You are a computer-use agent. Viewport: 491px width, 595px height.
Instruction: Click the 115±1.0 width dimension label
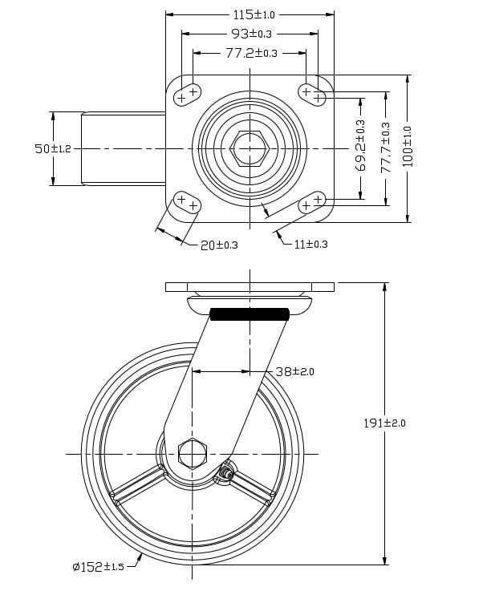click(x=254, y=14)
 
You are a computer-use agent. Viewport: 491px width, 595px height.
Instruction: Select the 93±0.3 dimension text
click(x=251, y=34)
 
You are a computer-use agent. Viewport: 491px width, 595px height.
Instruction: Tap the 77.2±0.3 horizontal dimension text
click(x=251, y=53)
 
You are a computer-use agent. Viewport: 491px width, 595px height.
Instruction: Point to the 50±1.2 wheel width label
click(x=53, y=149)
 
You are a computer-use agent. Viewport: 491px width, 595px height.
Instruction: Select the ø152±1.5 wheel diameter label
click(x=98, y=567)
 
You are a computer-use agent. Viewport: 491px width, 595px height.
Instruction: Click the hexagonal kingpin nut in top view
click(x=250, y=149)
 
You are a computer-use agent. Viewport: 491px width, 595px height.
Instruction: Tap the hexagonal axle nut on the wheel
click(x=192, y=454)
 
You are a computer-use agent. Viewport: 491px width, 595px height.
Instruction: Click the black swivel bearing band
click(x=249, y=314)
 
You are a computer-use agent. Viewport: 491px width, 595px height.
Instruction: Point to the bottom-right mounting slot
click(x=312, y=202)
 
